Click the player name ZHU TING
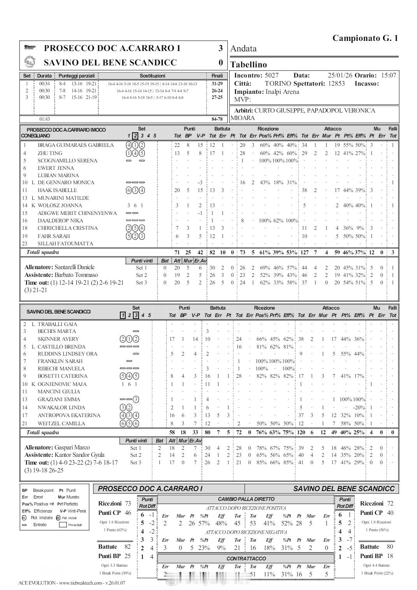click(50, 153)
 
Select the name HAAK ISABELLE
click(57, 190)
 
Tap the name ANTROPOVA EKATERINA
click(69, 415)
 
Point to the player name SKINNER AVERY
click(58, 339)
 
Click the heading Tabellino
click(248, 65)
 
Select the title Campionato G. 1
click(365, 38)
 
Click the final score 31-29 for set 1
click(217, 83)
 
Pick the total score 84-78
click(217, 119)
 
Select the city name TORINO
click(278, 83)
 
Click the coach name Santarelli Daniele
click(74, 267)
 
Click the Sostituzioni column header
click(152, 76)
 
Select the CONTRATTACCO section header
click(246, 558)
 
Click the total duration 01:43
click(44, 119)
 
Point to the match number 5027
click(271, 76)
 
